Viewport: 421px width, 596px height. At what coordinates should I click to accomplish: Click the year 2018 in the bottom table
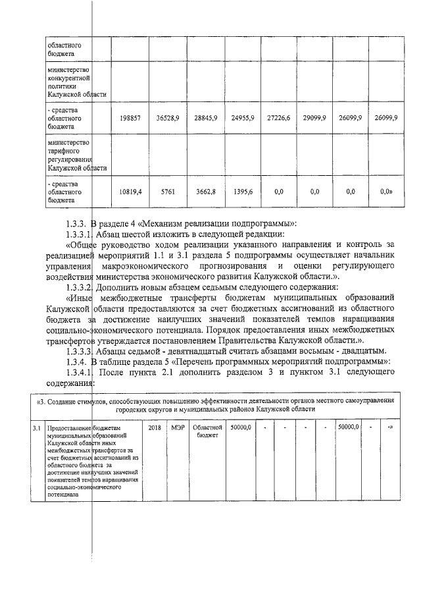(155, 428)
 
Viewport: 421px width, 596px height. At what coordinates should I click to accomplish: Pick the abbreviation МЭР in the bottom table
(178, 428)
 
